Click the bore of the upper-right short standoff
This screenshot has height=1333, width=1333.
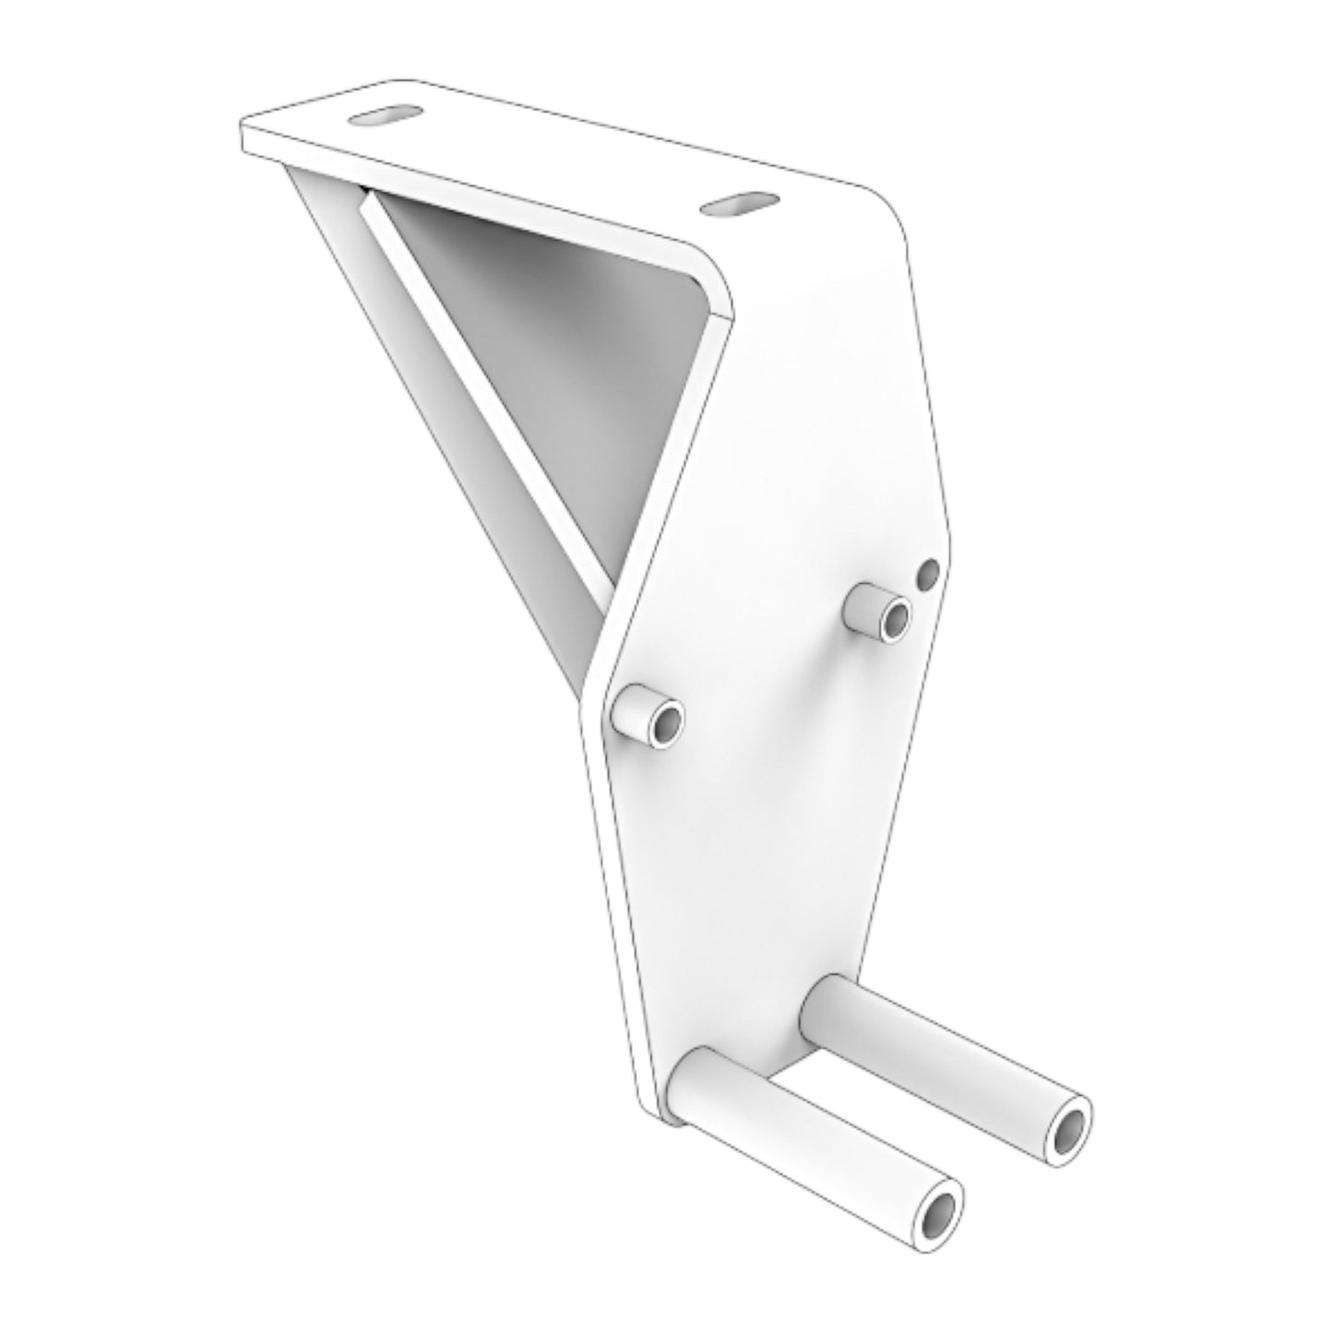(x=894, y=622)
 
